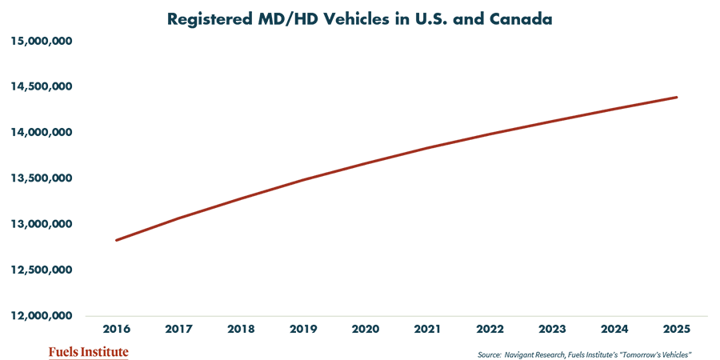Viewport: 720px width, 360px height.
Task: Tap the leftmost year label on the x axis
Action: coord(49,326)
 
